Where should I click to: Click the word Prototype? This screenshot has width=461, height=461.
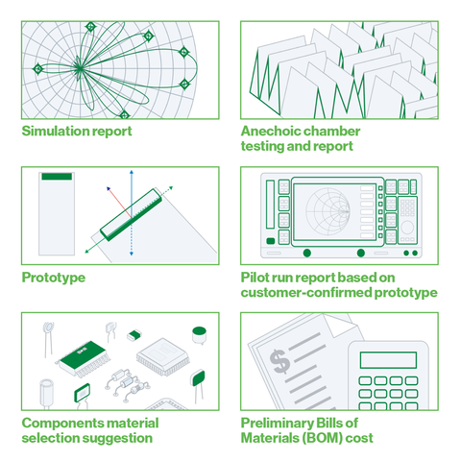coord(54,278)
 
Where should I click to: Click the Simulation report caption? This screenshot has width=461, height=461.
coord(77,131)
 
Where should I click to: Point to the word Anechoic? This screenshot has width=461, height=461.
coord(272,131)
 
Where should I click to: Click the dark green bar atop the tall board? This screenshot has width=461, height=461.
coord(55,177)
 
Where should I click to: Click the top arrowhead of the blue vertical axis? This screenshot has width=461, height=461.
coord(131,177)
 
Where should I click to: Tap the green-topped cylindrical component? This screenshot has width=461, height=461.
coord(200,334)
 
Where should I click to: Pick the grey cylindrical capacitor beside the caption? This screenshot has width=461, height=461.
coord(45,395)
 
